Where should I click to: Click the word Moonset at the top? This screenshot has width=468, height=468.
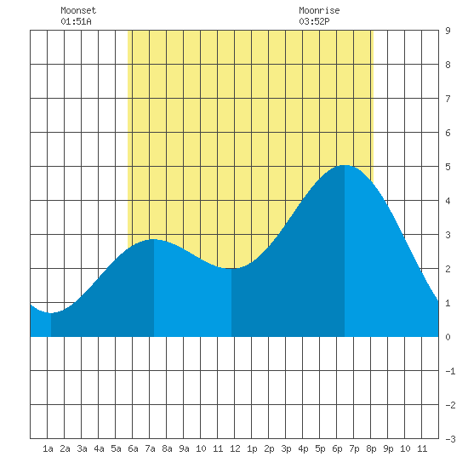(78, 10)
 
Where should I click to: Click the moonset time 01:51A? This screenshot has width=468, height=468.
(76, 21)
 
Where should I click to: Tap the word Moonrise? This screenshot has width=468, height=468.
(319, 10)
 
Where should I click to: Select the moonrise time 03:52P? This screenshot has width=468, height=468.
(314, 21)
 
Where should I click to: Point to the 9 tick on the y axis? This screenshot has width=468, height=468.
(448, 31)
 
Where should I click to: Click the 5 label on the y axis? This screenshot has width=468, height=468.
(448, 167)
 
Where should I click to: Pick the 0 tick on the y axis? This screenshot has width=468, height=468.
(448, 337)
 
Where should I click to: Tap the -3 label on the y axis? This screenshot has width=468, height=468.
(451, 439)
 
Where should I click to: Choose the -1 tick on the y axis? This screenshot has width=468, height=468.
(451, 371)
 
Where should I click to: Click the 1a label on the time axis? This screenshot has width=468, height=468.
(48, 448)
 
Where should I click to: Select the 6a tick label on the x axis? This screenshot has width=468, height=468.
(133, 448)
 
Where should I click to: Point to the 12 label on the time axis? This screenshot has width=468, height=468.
(235, 448)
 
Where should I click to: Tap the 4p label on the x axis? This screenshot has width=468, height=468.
(303, 448)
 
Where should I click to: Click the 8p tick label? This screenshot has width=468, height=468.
(371, 448)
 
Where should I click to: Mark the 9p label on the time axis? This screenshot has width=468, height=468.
(388, 448)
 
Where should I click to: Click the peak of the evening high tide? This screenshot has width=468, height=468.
(345, 165)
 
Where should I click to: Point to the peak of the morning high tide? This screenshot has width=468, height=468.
(154, 239)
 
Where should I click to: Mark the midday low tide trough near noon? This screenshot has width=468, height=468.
(231, 268)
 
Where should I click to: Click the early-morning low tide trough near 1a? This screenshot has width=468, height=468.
(51, 313)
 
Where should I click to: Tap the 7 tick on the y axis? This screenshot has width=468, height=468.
(448, 99)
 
